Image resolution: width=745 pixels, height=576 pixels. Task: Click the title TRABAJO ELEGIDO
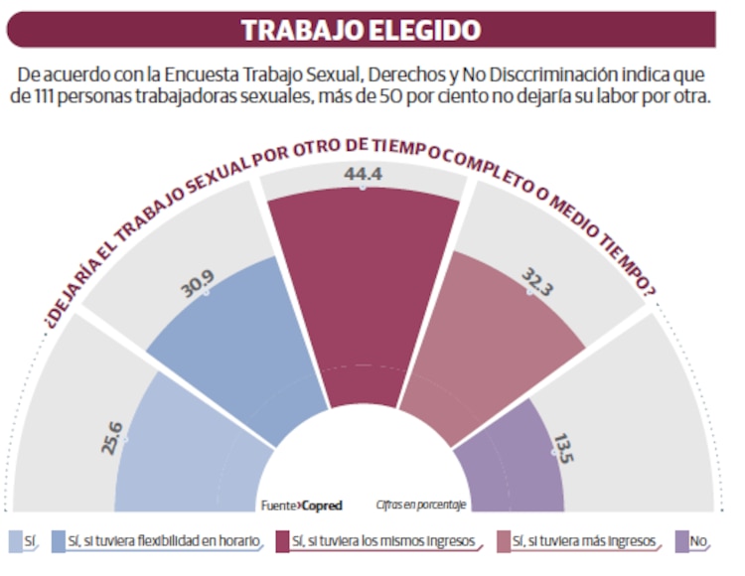tap(361, 29)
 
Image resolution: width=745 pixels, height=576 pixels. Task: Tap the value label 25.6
tap(111, 437)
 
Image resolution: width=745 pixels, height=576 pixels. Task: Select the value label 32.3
tap(532, 284)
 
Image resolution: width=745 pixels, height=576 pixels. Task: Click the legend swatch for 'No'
tap(681, 541)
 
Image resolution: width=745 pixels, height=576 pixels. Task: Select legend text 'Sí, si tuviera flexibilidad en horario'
tap(165, 541)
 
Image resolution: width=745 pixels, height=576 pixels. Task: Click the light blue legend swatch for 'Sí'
tap(15, 541)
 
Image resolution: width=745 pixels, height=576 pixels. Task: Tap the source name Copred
tap(322, 505)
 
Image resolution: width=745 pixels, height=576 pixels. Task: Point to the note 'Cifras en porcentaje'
tap(422, 505)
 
